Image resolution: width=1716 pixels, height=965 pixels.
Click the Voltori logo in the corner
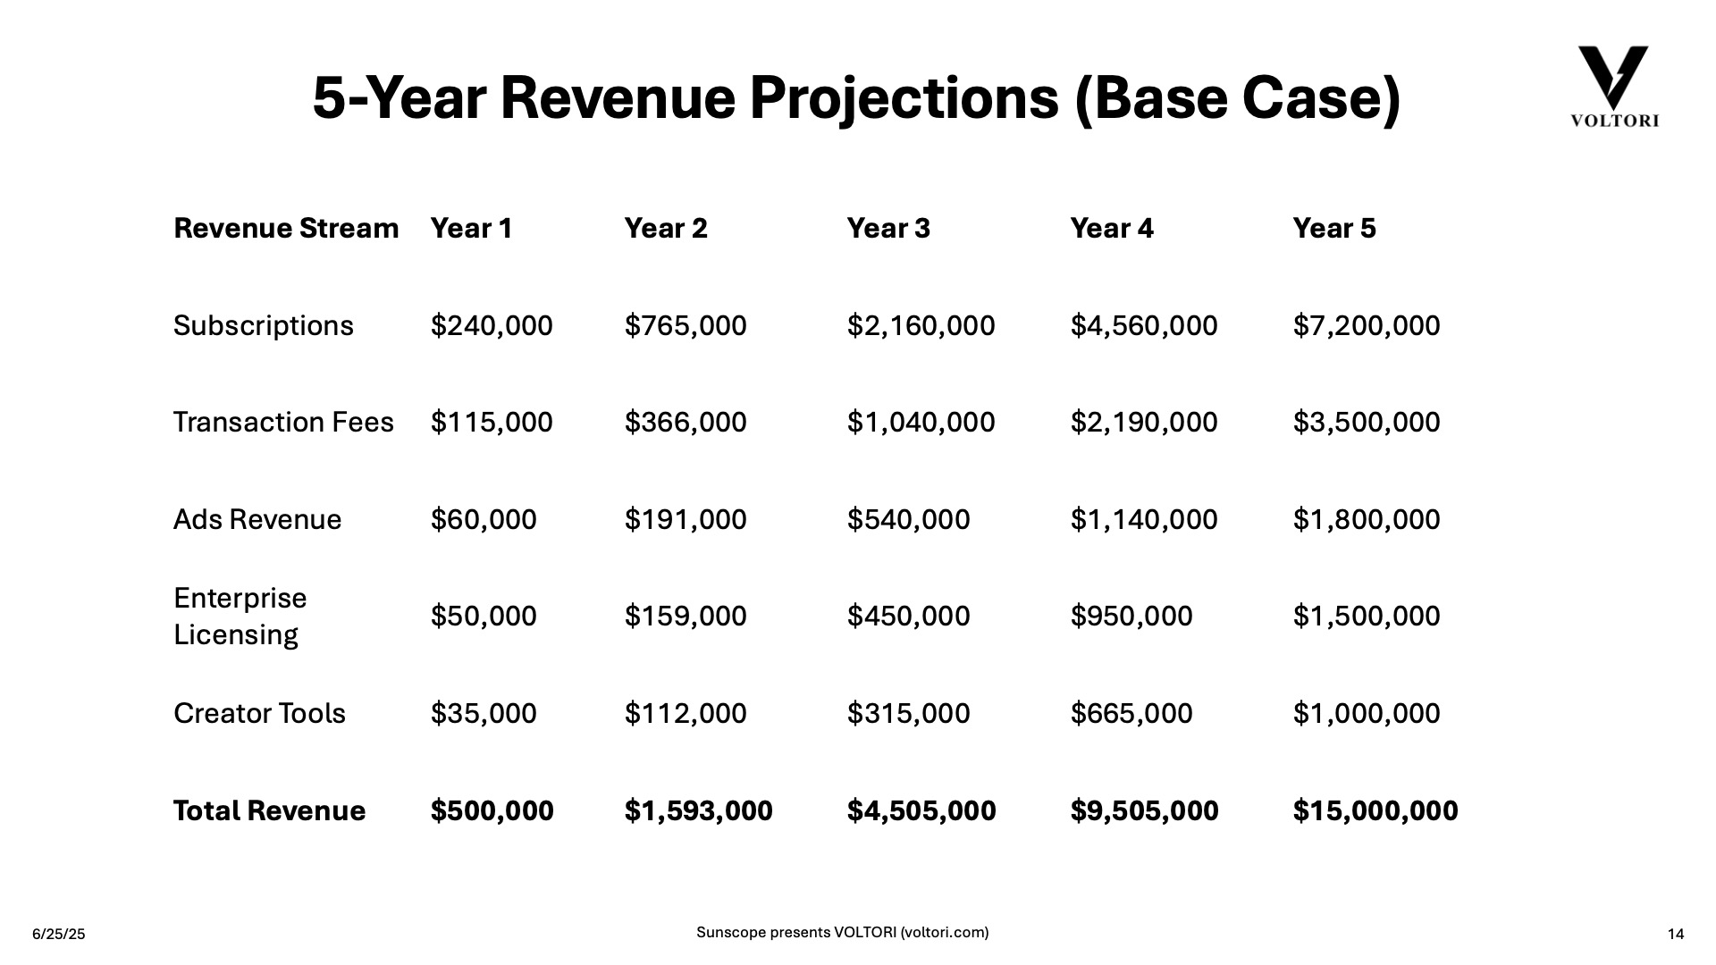pos(1613,87)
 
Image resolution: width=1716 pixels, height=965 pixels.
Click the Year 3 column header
pos(888,229)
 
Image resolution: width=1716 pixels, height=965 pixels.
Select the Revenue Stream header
pos(286,229)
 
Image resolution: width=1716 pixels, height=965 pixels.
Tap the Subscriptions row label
pos(264,326)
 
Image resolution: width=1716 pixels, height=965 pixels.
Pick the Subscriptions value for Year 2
pos(686,326)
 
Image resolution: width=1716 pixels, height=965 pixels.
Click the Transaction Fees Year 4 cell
pos(1144,423)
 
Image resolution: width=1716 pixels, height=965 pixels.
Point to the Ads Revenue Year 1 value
pos(484,520)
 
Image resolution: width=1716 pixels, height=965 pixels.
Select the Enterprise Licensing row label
pos(240,617)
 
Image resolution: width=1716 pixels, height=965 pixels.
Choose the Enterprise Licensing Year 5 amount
pos(1367,617)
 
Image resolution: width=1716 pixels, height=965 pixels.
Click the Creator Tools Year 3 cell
pos(908,714)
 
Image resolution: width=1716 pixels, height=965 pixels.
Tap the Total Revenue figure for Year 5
pos(1375,811)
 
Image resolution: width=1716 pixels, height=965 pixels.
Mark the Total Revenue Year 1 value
pos(492,811)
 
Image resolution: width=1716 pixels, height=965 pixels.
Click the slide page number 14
pos(1676,935)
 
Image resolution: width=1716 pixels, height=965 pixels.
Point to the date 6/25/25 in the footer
pos(59,935)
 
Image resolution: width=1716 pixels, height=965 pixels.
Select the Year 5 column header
pos(1334,229)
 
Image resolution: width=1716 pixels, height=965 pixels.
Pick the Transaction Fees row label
pos(283,423)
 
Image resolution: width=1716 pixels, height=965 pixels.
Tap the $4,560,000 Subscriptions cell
pos(1144,326)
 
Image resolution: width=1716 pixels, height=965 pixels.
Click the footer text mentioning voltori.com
pos(843,933)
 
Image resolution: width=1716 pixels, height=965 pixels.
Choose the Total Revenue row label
pos(270,811)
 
